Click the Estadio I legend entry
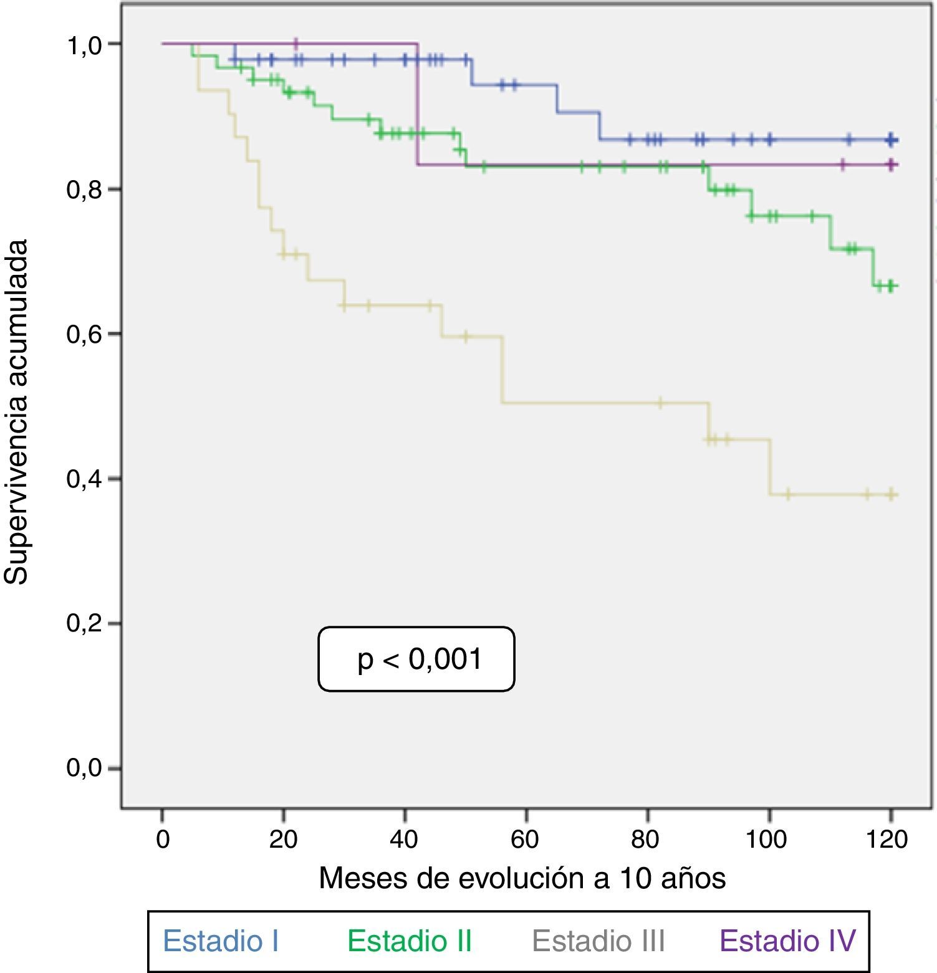[x=221, y=941]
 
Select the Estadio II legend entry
[x=410, y=941]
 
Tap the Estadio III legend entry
[x=598, y=941]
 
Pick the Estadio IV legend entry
[x=787, y=941]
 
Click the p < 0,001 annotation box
[x=416, y=659]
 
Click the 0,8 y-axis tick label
[x=85, y=189]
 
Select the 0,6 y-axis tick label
[x=85, y=335]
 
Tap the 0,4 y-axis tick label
[x=85, y=479]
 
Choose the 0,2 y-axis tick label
[x=85, y=624]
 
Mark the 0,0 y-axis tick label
[x=85, y=769]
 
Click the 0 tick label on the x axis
[x=163, y=840]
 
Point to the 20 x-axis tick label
[x=283, y=840]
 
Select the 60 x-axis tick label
[x=525, y=840]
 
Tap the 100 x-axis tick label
[x=766, y=840]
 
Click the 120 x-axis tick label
[x=887, y=840]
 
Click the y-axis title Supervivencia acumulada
[x=17, y=411]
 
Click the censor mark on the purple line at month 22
[x=296, y=44]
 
